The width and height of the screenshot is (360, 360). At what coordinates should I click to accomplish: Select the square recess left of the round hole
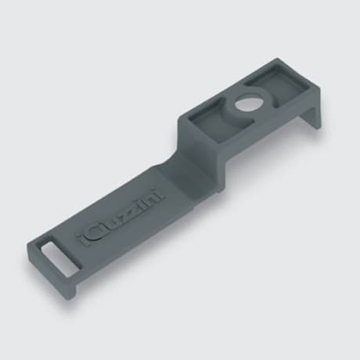pyautogui.click(x=211, y=119)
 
